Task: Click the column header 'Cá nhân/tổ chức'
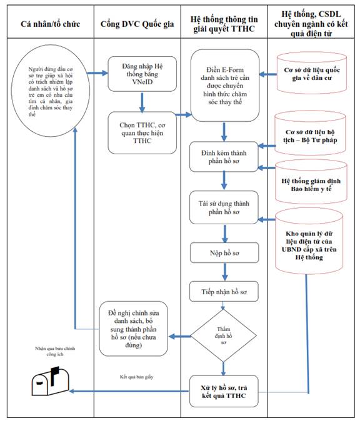(x=50, y=24)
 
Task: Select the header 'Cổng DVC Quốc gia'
(x=137, y=24)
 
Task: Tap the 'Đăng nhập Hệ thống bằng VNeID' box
(x=142, y=74)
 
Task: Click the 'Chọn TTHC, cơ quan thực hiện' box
(x=142, y=133)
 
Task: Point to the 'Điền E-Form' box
(x=225, y=86)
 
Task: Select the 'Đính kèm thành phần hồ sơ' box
(x=224, y=157)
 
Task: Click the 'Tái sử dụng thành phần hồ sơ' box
(x=224, y=207)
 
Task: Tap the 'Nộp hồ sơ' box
(x=224, y=252)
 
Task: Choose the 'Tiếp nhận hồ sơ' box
(x=224, y=291)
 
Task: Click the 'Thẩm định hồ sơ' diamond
(x=223, y=335)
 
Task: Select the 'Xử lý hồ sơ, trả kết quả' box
(x=224, y=391)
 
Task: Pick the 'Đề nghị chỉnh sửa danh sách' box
(x=134, y=329)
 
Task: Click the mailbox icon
(x=51, y=381)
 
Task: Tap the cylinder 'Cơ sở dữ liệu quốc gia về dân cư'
(x=312, y=73)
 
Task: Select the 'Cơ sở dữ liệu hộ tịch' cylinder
(x=310, y=133)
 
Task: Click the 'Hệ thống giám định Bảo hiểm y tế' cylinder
(x=311, y=182)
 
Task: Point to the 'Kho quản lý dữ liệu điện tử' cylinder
(x=309, y=241)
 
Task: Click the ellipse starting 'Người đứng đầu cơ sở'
(x=50, y=91)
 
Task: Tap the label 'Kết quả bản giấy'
(x=137, y=377)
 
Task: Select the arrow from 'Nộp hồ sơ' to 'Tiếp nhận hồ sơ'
(x=225, y=272)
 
